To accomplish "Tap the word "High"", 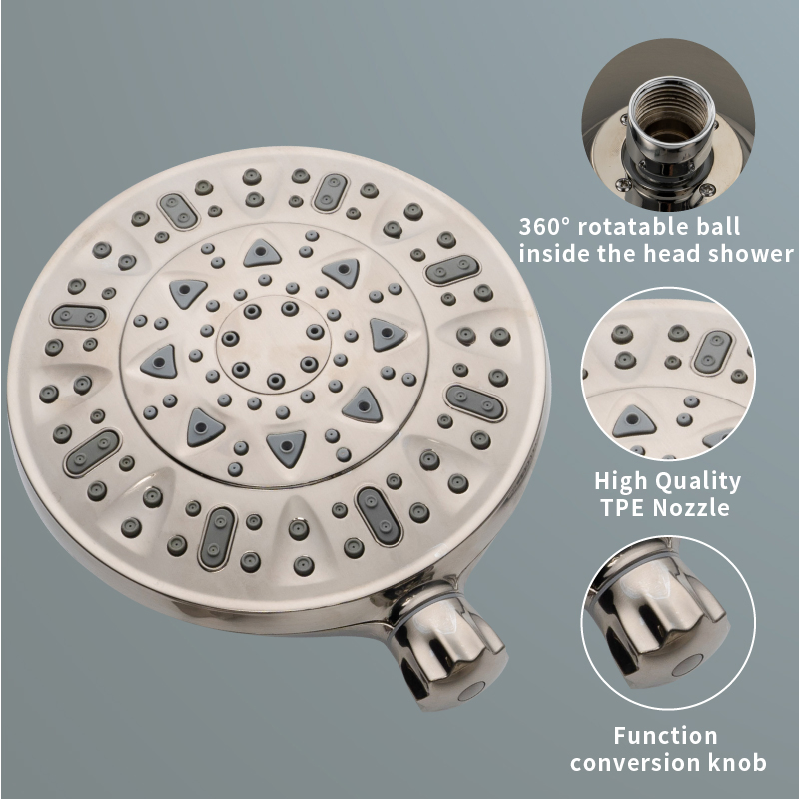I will (623, 481).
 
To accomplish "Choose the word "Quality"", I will (698, 482).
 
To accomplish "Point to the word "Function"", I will (665, 736).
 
